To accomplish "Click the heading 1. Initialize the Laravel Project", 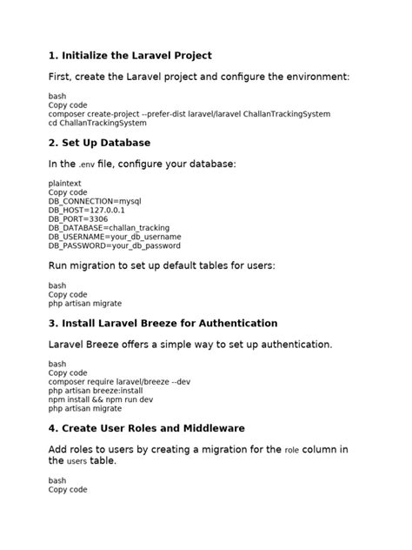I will (x=130, y=56).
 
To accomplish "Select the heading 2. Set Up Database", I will (x=99, y=142).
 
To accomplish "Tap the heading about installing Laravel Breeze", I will (x=163, y=323).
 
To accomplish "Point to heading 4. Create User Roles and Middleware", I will (x=146, y=428).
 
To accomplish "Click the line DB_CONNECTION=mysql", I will (x=95, y=201).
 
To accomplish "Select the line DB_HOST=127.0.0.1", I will (x=87, y=210).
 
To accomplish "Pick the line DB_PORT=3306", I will (x=79, y=218).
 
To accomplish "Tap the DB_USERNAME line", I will (x=115, y=236).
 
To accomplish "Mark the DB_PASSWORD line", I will (x=114, y=245).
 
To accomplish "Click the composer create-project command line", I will (x=189, y=114).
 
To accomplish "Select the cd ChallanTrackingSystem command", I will (x=97, y=123).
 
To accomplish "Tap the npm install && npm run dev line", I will (x=101, y=399).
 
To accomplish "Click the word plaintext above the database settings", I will (x=65, y=184).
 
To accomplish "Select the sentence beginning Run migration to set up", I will (x=162, y=265).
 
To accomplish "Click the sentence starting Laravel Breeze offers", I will (x=190, y=345).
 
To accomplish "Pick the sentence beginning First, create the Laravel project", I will (x=199, y=77).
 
